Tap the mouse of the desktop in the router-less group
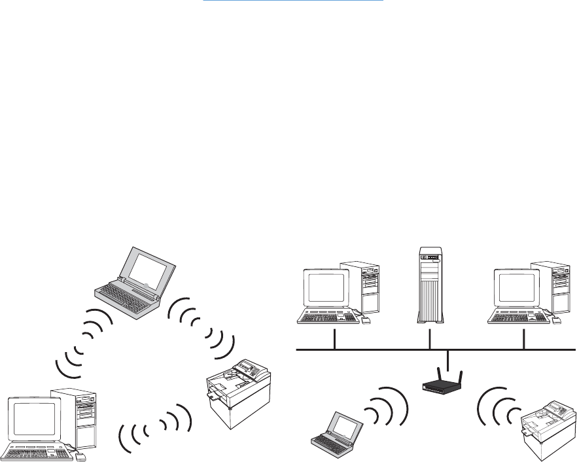pyautogui.click(x=80, y=457)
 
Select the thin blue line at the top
pyautogui.click(x=292, y=1)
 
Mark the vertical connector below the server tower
pyautogui.click(x=430, y=338)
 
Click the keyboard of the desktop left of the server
pyautogui.click(x=324, y=317)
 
